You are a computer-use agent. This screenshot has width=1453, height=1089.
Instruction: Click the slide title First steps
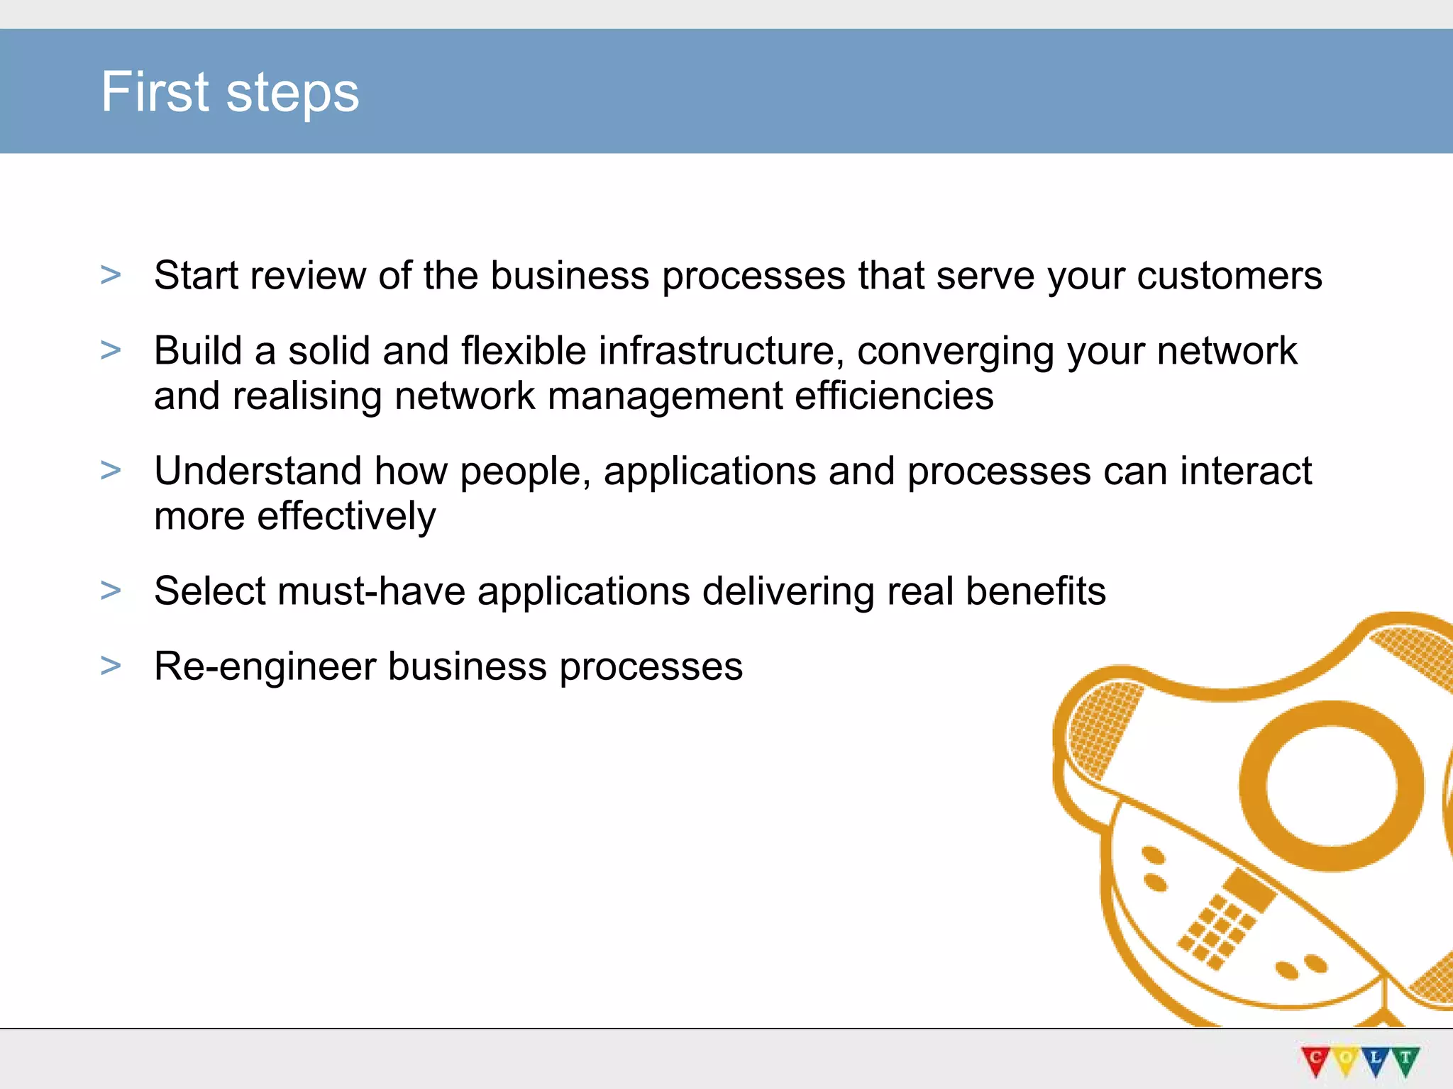pyautogui.click(x=230, y=93)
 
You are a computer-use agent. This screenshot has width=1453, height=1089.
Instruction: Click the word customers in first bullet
pyautogui.click(x=1230, y=276)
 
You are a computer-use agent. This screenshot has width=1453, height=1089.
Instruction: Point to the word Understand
pyautogui.click(x=258, y=471)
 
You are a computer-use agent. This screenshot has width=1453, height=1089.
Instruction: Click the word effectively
pyautogui.click(x=346, y=516)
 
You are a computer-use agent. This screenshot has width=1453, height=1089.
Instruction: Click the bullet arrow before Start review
pyautogui.click(x=111, y=275)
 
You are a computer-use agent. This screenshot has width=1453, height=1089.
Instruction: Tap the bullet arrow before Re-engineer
pyautogui.click(x=111, y=666)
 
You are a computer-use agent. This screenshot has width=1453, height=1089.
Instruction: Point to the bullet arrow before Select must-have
pyautogui.click(x=111, y=591)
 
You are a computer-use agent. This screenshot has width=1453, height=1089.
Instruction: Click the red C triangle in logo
pyautogui.click(x=1315, y=1059)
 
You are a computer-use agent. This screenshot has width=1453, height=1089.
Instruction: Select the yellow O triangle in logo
pyautogui.click(x=1345, y=1059)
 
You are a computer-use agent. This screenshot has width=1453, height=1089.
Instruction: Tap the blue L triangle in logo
pyautogui.click(x=1376, y=1059)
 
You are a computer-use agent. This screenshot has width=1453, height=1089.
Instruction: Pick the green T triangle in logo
pyautogui.click(x=1405, y=1059)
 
